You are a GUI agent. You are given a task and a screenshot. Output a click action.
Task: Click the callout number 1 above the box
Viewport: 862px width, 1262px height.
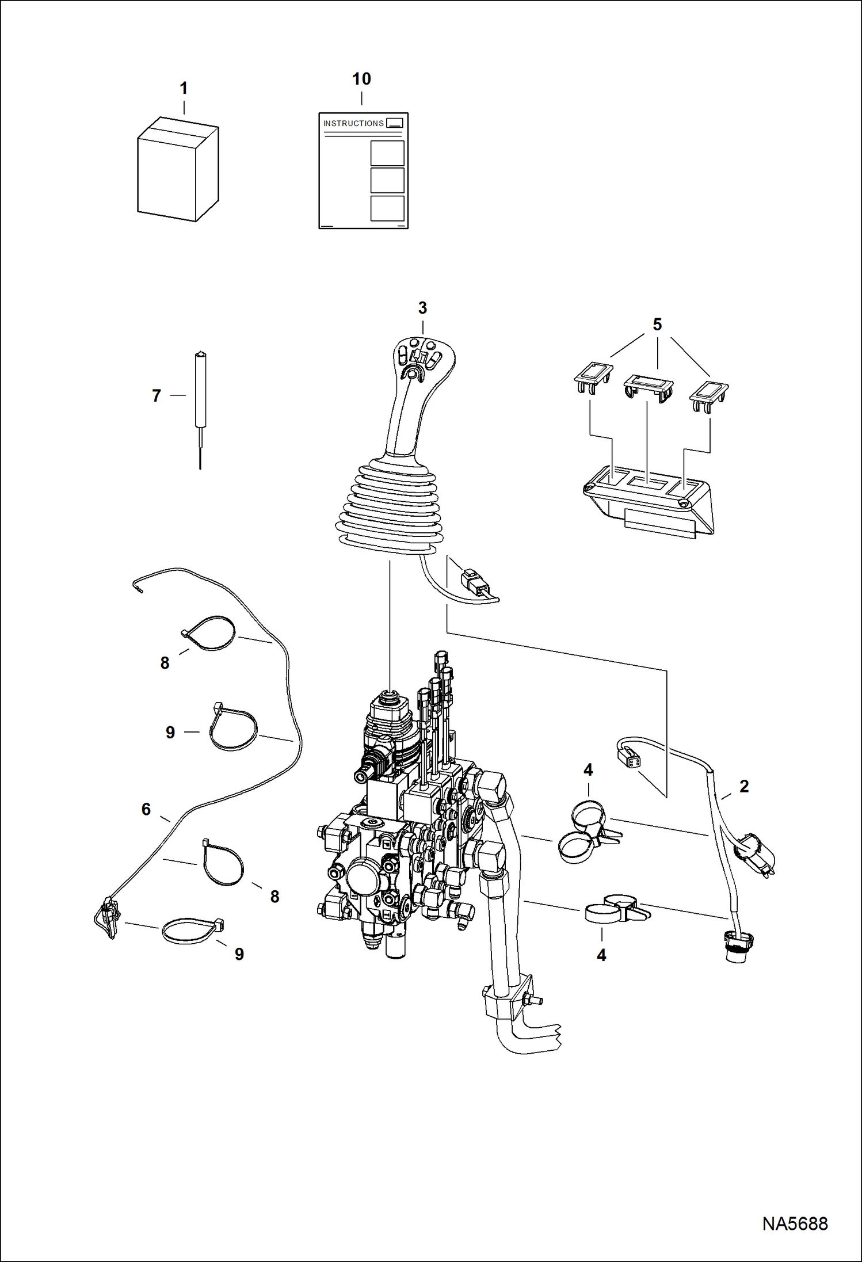click(x=184, y=88)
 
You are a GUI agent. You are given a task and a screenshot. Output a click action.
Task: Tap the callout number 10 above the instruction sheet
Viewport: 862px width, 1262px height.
click(x=361, y=79)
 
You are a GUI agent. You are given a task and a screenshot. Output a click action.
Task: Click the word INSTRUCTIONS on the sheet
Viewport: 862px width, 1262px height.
click(x=353, y=123)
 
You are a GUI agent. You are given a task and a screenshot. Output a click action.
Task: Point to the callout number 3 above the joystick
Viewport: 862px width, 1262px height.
click(x=422, y=308)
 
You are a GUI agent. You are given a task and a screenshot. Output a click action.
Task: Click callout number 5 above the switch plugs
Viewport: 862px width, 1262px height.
click(x=657, y=324)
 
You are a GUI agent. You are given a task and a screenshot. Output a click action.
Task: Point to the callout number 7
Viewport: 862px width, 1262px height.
click(x=157, y=396)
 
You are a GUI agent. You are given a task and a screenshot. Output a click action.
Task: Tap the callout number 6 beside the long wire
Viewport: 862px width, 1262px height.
click(x=146, y=809)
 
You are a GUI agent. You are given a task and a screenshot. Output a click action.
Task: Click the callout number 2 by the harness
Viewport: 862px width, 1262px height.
click(x=744, y=786)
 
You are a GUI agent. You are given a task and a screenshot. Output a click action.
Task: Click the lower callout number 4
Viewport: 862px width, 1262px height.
click(x=601, y=955)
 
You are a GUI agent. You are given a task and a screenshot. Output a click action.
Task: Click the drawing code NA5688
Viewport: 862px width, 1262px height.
click(x=795, y=1223)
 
